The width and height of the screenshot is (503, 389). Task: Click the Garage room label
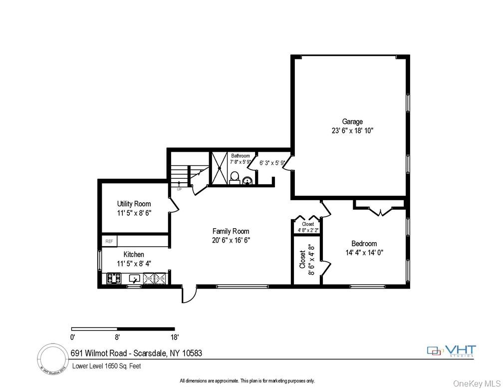(352, 121)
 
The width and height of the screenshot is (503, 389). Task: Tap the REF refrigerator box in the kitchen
(109, 241)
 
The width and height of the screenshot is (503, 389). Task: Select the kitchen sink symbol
(135, 279)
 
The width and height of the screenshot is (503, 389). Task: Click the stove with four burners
(114, 279)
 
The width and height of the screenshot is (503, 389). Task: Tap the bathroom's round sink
(247, 181)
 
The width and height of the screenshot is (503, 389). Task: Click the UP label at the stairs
(179, 189)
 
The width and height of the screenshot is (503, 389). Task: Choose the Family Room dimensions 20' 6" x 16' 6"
(231, 240)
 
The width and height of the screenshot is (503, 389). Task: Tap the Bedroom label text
(364, 244)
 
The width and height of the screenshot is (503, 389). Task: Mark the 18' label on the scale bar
(174, 337)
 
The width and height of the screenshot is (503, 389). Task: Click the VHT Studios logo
(452, 351)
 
